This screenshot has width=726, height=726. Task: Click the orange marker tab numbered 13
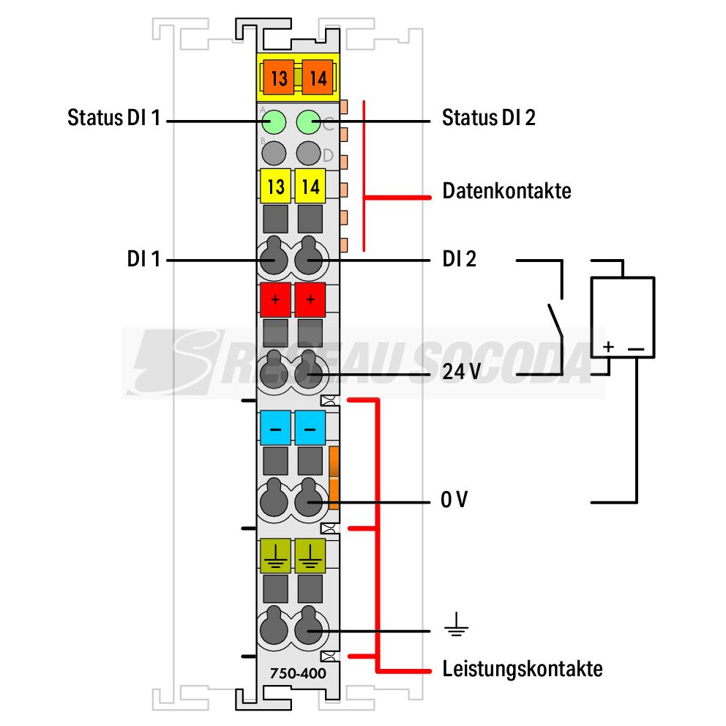pyautogui.click(x=279, y=78)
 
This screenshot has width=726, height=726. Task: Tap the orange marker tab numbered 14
pyautogui.click(x=317, y=78)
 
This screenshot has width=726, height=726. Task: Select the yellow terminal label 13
pyautogui.click(x=275, y=186)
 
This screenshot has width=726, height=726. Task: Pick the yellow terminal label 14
pyautogui.click(x=310, y=186)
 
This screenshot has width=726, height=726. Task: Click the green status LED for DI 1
pyautogui.click(x=274, y=121)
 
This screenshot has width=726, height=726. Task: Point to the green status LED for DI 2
pyautogui.click(x=308, y=121)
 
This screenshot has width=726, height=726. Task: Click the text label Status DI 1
pyautogui.click(x=114, y=118)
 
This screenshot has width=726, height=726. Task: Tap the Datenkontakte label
pyautogui.click(x=506, y=191)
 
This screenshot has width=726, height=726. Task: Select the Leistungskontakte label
pyautogui.click(x=523, y=669)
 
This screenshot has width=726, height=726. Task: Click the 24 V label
pyautogui.click(x=462, y=371)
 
